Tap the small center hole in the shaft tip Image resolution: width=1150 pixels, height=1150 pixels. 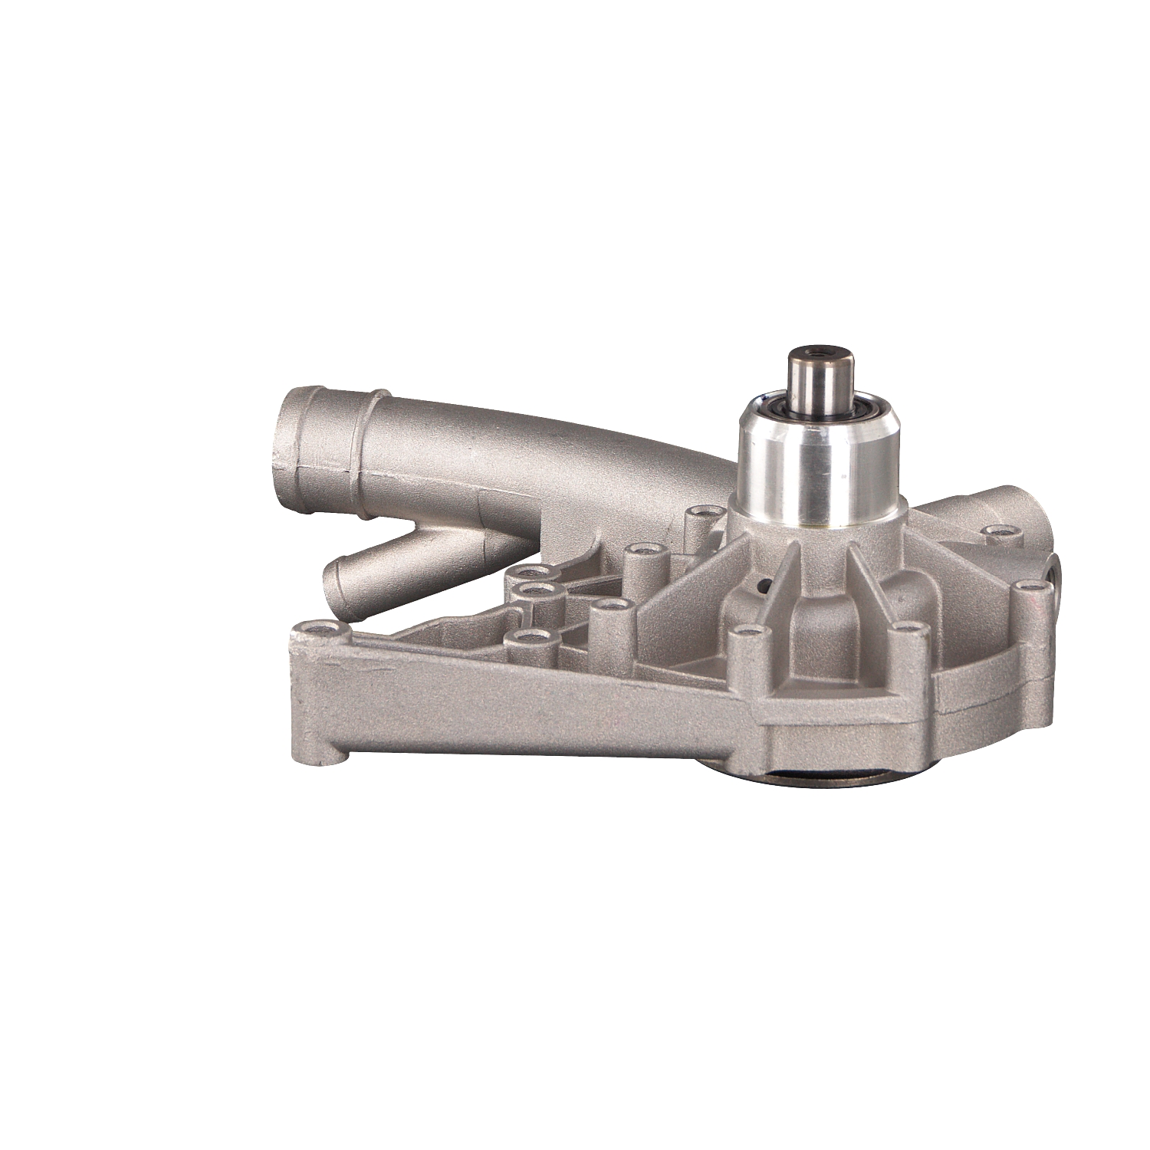[x=822, y=353]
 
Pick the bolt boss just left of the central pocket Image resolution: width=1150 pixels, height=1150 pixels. [x=744, y=633]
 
